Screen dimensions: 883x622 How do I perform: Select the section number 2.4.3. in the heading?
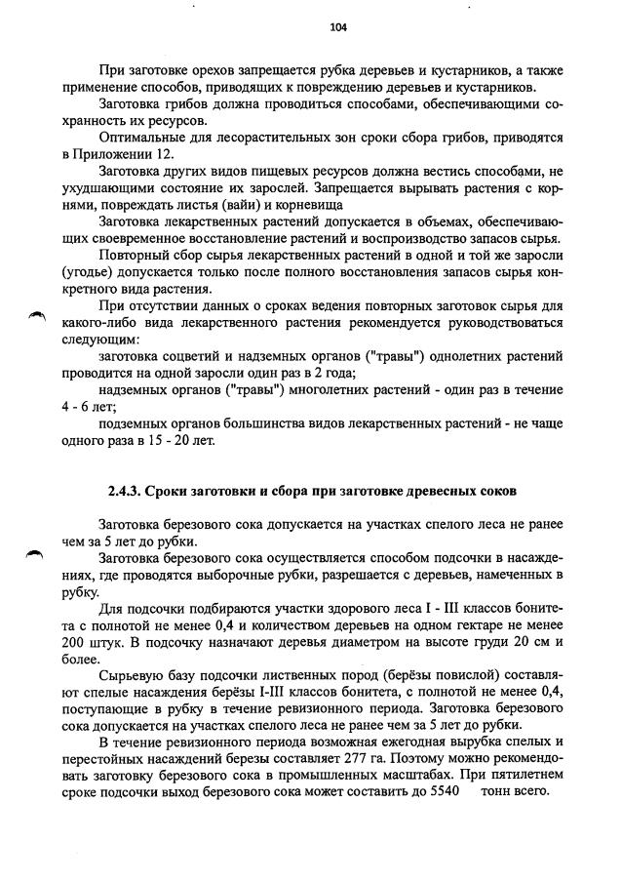[131, 489]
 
